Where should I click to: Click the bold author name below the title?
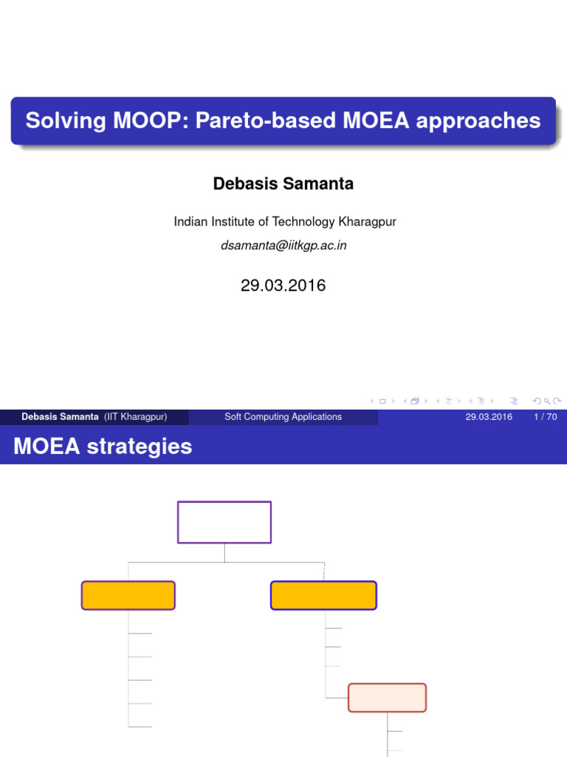283,184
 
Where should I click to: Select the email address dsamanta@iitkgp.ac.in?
283,245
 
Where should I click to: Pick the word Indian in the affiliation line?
189,222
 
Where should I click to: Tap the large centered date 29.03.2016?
283,285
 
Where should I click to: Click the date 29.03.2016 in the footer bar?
489,417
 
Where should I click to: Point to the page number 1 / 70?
545,417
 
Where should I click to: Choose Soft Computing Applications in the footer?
283,417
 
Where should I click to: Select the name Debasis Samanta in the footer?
60,417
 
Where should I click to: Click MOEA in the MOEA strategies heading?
46,447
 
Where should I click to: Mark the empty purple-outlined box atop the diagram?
224,522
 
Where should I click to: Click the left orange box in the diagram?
128,595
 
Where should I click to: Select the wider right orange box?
323,595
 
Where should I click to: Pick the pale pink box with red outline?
387,697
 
